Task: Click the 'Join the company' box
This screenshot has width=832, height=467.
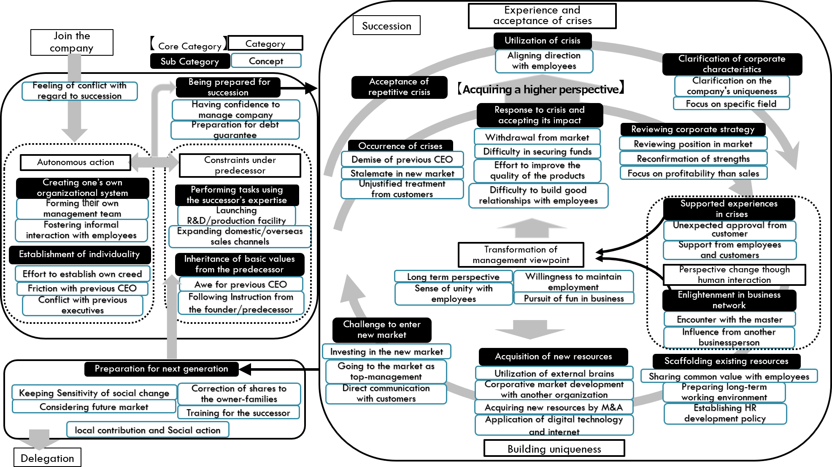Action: tap(72, 42)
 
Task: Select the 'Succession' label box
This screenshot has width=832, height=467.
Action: tap(386, 26)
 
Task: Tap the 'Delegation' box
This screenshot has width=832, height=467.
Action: tap(47, 458)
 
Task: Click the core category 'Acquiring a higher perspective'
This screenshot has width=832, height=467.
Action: tap(540, 90)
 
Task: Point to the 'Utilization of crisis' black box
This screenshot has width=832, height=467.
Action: tap(542, 41)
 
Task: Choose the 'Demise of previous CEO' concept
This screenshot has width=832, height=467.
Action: tap(402, 160)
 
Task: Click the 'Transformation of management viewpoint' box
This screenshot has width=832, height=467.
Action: tap(521, 255)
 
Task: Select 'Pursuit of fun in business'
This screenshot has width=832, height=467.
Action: tap(573, 299)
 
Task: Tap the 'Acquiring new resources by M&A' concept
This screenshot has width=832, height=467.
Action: tap(554, 407)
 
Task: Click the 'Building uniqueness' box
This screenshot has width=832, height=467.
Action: tap(554, 449)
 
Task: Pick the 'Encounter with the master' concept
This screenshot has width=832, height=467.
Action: tap(729, 320)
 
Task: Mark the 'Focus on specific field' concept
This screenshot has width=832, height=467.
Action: tap(731, 104)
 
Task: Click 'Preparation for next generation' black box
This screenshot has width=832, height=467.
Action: tap(161, 369)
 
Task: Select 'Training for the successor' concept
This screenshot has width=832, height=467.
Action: tap(238, 413)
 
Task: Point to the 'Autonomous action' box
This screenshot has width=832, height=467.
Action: tap(76, 162)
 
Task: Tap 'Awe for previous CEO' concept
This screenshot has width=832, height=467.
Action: tap(240, 284)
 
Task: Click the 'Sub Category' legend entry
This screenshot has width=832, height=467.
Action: tap(189, 61)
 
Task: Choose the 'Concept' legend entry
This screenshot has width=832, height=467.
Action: tap(266, 61)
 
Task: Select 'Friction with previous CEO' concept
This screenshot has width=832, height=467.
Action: tap(82, 288)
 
